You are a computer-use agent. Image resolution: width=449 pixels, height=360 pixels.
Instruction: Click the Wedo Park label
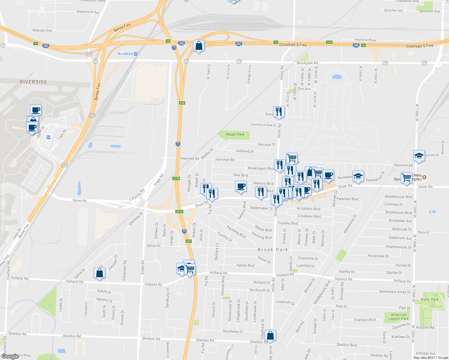click(x=235, y=134)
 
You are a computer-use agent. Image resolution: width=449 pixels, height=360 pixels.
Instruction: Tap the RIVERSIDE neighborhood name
click(x=33, y=82)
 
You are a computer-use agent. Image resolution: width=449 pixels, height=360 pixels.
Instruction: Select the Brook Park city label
click(x=273, y=250)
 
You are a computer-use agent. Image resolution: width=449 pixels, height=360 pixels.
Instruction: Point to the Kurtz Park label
click(x=430, y=299)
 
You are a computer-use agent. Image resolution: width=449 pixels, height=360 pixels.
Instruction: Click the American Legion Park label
click(x=399, y=317)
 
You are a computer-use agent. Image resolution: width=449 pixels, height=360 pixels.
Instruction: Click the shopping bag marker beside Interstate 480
click(x=199, y=46)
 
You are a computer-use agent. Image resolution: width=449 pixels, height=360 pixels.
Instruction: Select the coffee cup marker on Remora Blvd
click(x=241, y=186)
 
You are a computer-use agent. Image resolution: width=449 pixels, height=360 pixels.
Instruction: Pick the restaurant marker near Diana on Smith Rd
click(x=279, y=112)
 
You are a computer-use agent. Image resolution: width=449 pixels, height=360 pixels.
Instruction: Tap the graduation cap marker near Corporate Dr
click(x=419, y=156)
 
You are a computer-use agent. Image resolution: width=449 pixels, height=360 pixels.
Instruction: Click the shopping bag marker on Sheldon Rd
click(x=270, y=336)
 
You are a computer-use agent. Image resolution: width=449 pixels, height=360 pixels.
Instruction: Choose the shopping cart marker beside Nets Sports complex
click(x=406, y=178)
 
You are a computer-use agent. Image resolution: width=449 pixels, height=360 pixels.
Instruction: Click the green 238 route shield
click(x=182, y=103)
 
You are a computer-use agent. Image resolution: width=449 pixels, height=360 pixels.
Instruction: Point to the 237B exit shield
click(x=176, y=178)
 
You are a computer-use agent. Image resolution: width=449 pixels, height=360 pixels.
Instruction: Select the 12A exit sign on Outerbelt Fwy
click(x=329, y=42)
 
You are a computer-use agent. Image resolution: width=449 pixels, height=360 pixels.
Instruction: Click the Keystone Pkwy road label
click(x=365, y=40)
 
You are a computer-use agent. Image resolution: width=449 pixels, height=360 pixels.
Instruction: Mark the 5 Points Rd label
click(x=137, y=195)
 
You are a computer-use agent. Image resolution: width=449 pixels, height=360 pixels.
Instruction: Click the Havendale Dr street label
click(x=378, y=256)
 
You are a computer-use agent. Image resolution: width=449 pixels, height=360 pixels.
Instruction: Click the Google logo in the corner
click(x=10, y=356)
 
